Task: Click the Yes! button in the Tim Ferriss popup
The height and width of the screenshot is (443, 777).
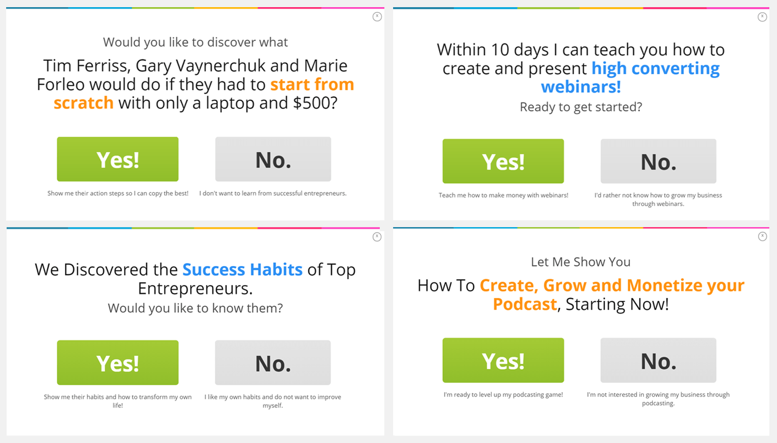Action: (x=118, y=159)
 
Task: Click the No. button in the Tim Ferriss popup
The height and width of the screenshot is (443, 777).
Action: (x=273, y=159)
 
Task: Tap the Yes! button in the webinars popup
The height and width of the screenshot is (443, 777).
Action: (x=503, y=161)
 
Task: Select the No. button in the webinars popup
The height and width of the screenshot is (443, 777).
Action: (x=658, y=161)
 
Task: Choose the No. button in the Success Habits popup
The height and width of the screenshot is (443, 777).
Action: (x=273, y=363)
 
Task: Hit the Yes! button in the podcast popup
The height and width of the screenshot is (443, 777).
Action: (x=503, y=360)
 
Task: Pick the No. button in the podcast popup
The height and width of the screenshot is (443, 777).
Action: (x=658, y=360)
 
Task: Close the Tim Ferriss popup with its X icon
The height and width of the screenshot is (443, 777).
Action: (x=377, y=16)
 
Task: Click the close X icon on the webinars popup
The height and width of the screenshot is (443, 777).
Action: (x=762, y=17)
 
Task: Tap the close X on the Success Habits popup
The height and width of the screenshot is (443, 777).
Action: (x=377, y=237)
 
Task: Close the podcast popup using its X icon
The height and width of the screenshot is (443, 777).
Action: (x=762, y=236)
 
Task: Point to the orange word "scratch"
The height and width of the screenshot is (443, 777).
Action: (x=83, y=103)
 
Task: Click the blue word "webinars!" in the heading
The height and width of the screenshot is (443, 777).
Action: (x=581, y=86)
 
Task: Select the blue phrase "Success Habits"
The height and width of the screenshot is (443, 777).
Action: (x=242, y=270)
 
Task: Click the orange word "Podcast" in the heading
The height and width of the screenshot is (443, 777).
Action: (x=524, y=304)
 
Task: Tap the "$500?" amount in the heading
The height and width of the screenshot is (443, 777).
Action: (x=315, y=103)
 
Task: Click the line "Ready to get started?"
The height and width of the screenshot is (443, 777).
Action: (x=581, y=107)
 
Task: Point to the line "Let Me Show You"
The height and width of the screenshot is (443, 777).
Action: (x=581, y=262)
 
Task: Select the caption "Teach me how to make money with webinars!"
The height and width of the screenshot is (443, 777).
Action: (x=503, y=195)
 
